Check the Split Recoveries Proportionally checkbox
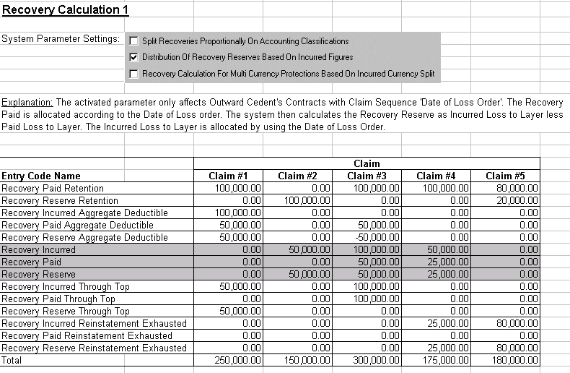133,41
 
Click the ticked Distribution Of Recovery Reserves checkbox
133,57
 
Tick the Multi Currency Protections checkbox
133,74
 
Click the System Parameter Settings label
61,39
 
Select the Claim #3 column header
366,176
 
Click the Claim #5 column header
505,176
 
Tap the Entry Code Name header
41,176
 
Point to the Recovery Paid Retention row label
53,188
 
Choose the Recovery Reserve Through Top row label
65,311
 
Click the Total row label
12,360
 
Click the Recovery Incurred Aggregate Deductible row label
84,213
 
